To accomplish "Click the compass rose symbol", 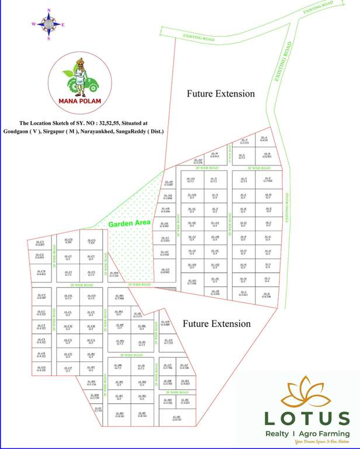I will point(49,24).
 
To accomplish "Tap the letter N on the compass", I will point(49,11).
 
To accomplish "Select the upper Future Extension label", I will point(220,94).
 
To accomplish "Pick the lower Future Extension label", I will point(216,323).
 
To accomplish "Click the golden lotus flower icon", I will point(306,393).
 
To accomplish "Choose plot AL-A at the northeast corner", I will point(264,139).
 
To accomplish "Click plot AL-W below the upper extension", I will point(214,155).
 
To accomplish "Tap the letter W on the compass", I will point(34,24).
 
